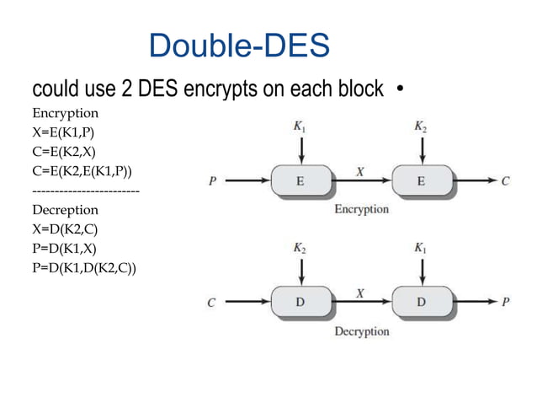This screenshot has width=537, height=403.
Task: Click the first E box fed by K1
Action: (x=300, y=180)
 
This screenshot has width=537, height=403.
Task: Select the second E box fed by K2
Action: (x=421, y=180)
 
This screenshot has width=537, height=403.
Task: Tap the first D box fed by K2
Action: (x=300, y=301)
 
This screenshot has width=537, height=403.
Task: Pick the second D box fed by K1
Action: (x=421, y=301)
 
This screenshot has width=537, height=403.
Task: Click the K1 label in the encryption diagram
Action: (x=300, y=126)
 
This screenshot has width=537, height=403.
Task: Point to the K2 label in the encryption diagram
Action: (x=421, y=126)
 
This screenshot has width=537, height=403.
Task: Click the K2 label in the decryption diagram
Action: (x=300, y=248)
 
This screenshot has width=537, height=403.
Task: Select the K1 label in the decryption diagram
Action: (x=421, y=248)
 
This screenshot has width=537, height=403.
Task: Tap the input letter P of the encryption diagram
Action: (x=212, y=180)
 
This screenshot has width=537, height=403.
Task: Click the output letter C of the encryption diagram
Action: (x=506, y=180)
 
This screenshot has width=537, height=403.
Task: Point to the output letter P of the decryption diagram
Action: (x=506, y=301)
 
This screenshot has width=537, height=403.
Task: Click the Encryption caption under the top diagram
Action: (x=361, y=209)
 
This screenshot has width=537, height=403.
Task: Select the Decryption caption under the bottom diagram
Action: (x=361, y=331)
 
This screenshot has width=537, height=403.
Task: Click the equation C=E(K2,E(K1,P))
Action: (x=82, y=172)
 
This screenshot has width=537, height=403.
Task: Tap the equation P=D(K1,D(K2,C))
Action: (x=84, y=268)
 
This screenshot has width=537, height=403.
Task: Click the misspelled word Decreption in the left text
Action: (x=65, y=210)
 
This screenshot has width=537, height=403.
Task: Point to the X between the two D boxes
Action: (x=360, y=293)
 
